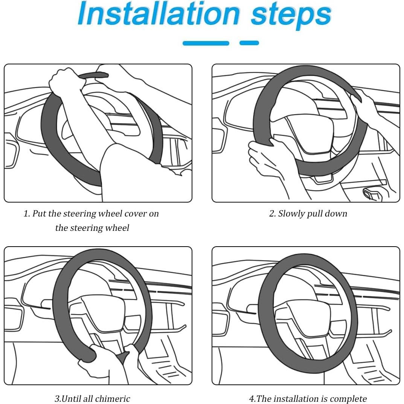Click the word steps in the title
[x=291, y=16]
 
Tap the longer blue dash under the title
[x=206, y=43]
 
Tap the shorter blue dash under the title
[x=249, y=43]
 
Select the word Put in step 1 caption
[x=39, y=213]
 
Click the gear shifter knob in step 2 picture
[x=371, y=193]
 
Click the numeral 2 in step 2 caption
[x=271, y=213]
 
